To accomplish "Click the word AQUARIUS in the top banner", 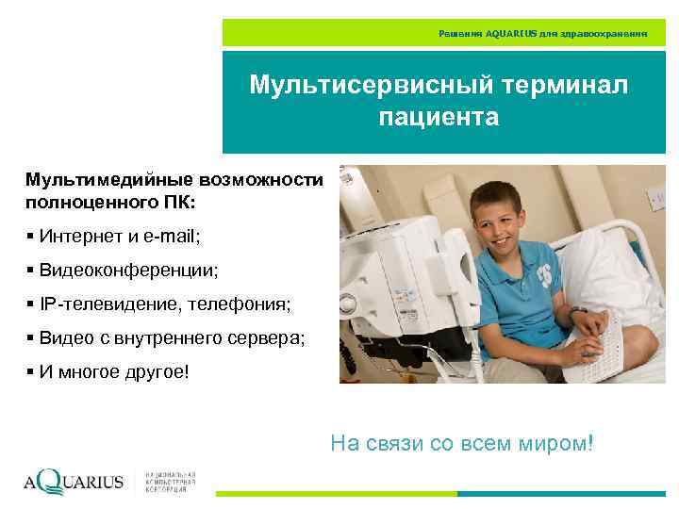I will [x=511, y=33].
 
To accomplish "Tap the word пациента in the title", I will [x=439, y=118].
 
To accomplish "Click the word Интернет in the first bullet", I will [x=75, y=235].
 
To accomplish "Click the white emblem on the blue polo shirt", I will [x=544, y=274].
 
